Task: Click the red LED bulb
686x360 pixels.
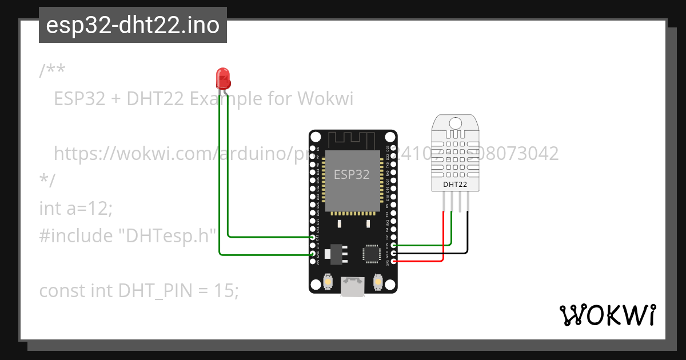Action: click(x=222, y=77)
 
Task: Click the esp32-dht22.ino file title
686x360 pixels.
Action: click(x=133, y=26)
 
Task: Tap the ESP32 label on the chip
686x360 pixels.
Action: click(x=351, y=175)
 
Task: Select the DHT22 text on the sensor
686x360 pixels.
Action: click(x=455, y=185)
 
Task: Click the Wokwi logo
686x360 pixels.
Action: click(x=607, y=315)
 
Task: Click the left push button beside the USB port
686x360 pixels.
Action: click(x=328, y=282)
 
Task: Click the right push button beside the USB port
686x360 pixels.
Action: click(x=377, y=282)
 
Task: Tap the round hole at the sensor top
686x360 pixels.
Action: click(x=456, y=123)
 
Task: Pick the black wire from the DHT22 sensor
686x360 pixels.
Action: click(x=468, y=234)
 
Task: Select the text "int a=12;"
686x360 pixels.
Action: click(x=76, y=209)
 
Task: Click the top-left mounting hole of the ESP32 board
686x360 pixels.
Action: click(x=316, y=137)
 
